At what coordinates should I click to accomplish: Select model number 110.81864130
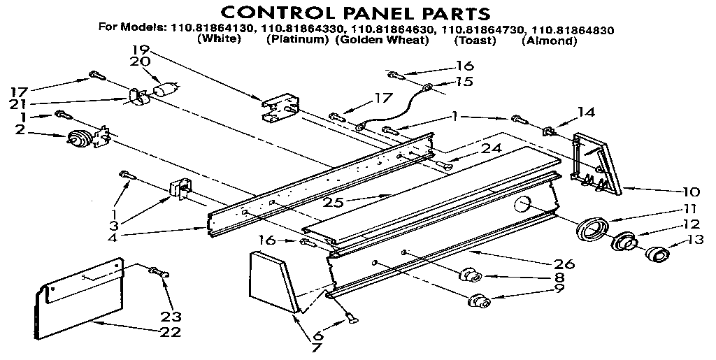213,29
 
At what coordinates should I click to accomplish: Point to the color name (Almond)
549,41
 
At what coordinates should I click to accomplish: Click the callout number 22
170,331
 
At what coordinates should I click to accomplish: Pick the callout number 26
564,264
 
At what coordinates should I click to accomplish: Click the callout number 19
140,50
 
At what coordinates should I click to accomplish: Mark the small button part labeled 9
479,302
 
